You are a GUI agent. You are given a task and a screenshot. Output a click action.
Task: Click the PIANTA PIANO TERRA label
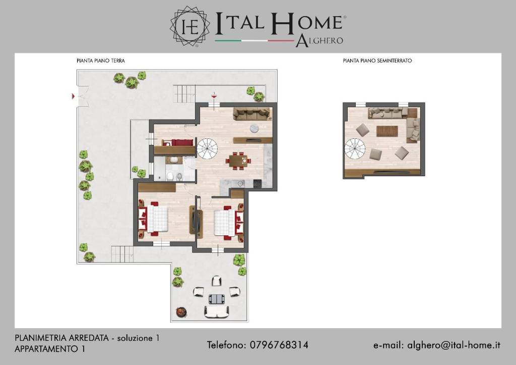point(100,61)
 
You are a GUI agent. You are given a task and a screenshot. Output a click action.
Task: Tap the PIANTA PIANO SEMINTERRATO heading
point(377,61)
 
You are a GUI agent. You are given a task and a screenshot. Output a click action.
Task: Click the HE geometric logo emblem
point(190,26)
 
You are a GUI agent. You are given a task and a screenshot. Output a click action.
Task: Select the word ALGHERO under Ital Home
point(319,41)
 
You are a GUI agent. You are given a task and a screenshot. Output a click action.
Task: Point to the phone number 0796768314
point(279,345)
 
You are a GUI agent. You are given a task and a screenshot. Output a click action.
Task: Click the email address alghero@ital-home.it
point(454,345)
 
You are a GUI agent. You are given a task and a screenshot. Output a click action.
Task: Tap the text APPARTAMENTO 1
point(50,349)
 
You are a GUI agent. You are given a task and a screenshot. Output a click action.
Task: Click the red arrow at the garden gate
point(74,96)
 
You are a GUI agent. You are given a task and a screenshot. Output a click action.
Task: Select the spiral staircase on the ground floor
point(207,148)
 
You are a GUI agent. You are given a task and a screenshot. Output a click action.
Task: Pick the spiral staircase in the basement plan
point(355,149)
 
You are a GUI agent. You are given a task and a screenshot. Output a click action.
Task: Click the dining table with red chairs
point(238,161)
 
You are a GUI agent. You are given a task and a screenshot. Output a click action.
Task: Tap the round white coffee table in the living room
point(254,128)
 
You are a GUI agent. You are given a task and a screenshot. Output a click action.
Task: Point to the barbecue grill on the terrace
point(181,311)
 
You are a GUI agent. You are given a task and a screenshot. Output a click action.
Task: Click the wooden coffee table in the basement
point(387,131)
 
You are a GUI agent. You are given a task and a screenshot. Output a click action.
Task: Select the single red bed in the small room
point(178,142)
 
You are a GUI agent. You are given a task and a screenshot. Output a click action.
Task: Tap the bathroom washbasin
point(174,160)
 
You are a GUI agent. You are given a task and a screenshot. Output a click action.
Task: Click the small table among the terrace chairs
point(217,299)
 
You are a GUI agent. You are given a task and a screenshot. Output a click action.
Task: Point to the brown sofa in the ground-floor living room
point(252,114)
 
